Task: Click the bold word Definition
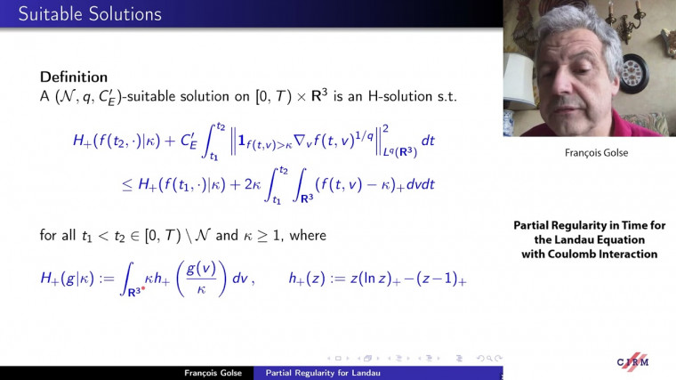pos(74,77)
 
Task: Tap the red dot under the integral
pos(143,290)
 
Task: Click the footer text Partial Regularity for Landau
pos(323,373)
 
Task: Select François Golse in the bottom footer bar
pos(209,373)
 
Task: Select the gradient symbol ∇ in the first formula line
pos(307,141)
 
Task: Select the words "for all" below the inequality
pos(58,236)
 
